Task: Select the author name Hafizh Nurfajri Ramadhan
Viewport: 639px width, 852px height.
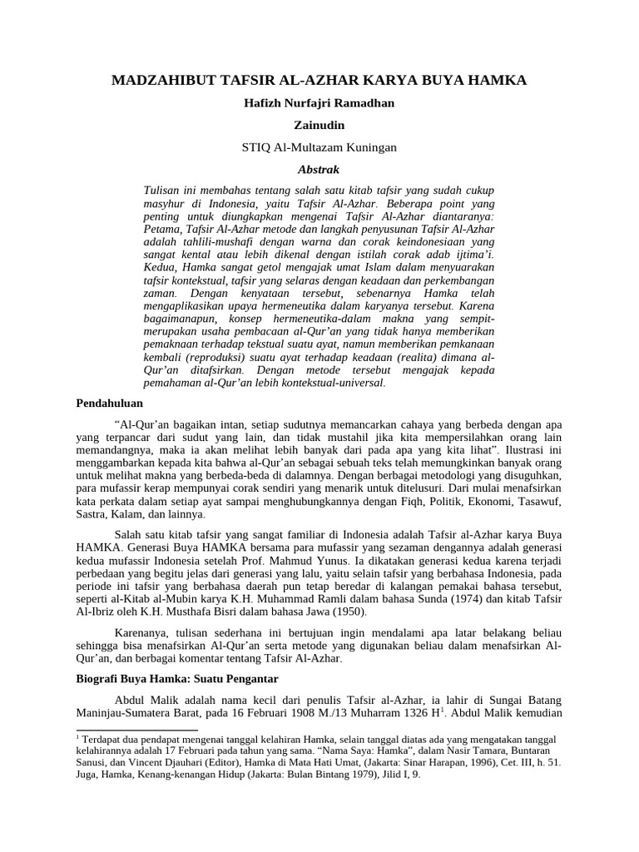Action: coord(319,103)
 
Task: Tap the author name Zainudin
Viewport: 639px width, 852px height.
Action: coord(319,125)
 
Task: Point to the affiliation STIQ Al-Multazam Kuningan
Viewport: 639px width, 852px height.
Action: coord(319,147)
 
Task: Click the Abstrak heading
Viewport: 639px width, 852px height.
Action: coord(319,169)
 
